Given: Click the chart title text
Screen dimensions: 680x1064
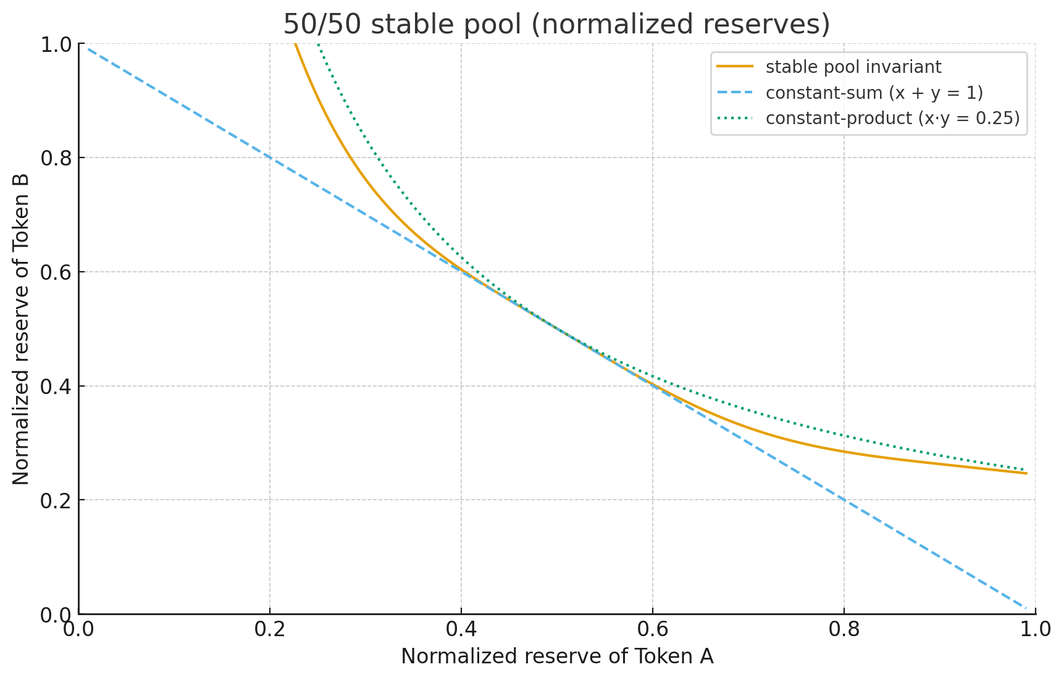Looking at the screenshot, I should click(556, 25).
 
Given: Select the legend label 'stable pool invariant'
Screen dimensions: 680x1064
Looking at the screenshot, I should click(853, 67).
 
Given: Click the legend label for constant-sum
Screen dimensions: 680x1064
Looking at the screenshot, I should click(874, 93).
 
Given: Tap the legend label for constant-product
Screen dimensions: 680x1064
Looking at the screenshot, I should click(892, 118).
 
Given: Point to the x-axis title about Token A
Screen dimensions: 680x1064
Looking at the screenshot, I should click(556, 657).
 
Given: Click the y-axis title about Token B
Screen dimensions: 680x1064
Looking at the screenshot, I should click(21, 329).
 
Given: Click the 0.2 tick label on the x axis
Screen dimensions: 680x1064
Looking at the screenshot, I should click(270, 629).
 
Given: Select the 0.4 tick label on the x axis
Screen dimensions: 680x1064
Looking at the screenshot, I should click(461, 629).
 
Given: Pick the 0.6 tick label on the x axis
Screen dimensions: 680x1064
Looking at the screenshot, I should click(653, 629).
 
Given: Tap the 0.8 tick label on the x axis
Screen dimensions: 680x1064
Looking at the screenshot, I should click(844, 629).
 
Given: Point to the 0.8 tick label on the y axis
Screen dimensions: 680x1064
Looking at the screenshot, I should click(55, 158).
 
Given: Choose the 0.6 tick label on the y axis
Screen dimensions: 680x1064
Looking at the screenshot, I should click(55, 272).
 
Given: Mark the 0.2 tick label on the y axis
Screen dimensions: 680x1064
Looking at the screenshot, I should click(55, 500).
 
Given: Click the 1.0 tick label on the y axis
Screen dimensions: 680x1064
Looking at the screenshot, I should click(55, 44).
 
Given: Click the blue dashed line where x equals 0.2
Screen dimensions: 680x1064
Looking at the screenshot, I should click(270, 157).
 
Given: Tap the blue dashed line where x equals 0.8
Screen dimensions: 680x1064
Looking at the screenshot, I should click(844, 500).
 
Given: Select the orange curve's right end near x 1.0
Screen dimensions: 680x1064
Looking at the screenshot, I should click(1026, 473).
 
